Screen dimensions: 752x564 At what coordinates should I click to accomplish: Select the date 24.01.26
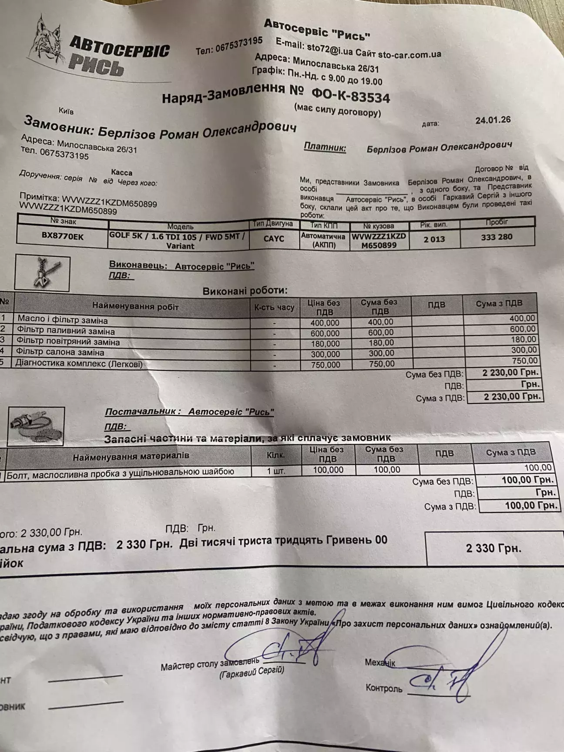coord(493,120)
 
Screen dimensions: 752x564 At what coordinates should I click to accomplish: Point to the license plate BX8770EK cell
coord(63,237)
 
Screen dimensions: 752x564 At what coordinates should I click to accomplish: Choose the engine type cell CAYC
coord(274,239)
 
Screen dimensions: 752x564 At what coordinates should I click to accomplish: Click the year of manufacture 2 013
coord(434,239)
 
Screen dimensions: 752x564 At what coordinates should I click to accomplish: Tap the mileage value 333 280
coord(497,237)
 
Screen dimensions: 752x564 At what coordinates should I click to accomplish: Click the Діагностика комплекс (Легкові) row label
coord(79,364)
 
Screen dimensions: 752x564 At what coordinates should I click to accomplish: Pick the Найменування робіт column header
coord(135,307)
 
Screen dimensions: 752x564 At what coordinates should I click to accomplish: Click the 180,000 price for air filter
coord(325,344)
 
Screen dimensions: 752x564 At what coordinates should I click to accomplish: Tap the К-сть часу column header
coord(274,308)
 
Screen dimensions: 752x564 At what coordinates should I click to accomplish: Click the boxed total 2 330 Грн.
coord(493,548)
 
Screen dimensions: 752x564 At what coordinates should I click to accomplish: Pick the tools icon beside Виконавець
coord(42,273)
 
